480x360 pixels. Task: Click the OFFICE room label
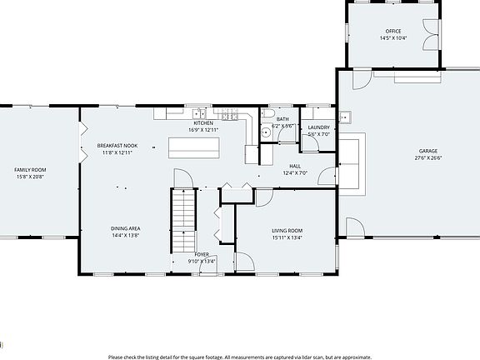(392, 31)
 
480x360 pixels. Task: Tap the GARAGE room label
(427, 151)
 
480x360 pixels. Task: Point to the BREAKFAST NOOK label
(117, 146)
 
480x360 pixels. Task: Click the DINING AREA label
(125, 228)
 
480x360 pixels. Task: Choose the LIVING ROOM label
(287, 230)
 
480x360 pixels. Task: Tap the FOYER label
(202, 254)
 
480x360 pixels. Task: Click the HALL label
(295, 166)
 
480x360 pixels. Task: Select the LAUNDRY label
(319, 127)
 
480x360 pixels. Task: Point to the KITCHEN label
(204, 122)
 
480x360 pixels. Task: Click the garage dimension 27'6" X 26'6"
(427, 157)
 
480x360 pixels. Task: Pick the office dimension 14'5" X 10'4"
(392, 38)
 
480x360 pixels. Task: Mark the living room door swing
(264, 197)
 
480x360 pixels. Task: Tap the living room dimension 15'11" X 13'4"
(287, 237)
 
